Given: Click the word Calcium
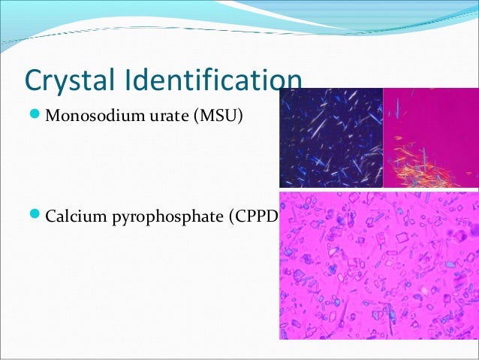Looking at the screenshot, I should click(x=74, y=219).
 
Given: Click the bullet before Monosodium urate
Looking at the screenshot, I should click(x=35, y=116).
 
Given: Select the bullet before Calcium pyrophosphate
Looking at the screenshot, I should click(x=35, y=218).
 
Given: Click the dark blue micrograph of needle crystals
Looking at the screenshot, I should click(x=330, y=138).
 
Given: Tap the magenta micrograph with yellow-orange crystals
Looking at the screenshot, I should click(x=430, y=138).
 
